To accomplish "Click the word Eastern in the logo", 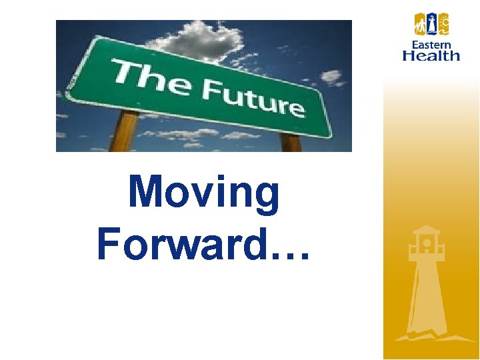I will [431, 45].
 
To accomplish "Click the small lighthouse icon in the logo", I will [431, 24].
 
